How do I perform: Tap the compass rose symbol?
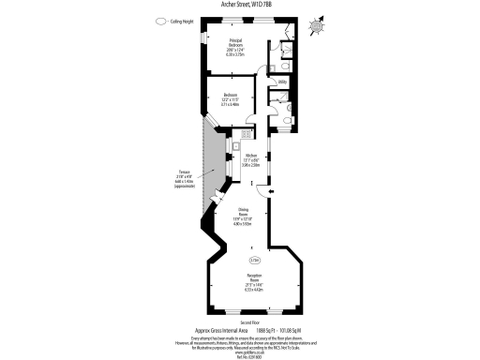coord(314,26)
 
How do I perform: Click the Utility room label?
coord(281,82)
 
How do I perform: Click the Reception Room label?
coord(254,282)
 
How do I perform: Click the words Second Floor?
coord(240,322)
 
